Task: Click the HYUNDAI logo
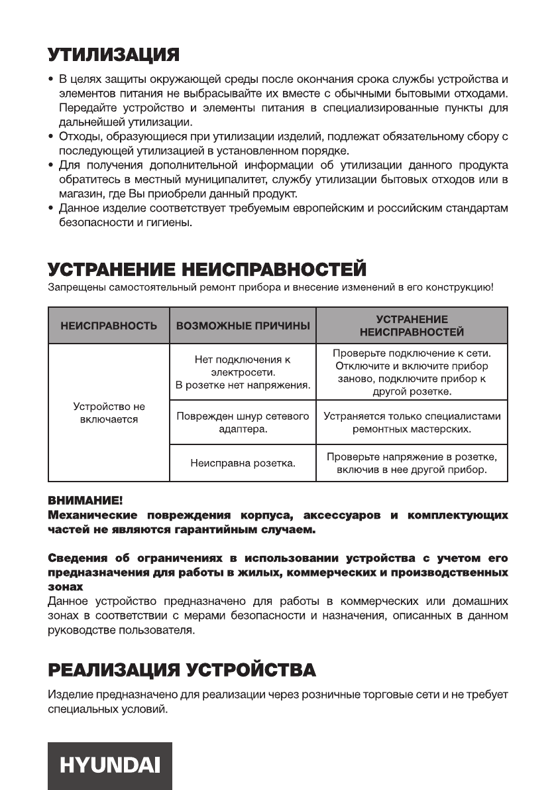click(110, 765)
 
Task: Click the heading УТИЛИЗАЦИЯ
click(113, 53)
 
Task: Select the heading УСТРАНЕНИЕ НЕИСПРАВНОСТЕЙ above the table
click(207, 269)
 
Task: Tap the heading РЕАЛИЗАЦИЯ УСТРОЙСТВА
click(182, 669)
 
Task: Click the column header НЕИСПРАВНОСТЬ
click(109, 326)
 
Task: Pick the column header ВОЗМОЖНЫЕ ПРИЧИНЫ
click(243, 326)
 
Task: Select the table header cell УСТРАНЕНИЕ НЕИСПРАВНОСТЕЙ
click(412, 326)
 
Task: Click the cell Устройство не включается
click(109, 413)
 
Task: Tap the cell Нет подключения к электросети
click(243, 372)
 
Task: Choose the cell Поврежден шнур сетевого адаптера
click(243, 423)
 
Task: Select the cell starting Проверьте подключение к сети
click(412, 372)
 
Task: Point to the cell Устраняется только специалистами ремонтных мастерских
click(412, 423)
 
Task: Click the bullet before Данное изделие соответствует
click(52, 209)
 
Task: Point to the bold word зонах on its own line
click(66, 588)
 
